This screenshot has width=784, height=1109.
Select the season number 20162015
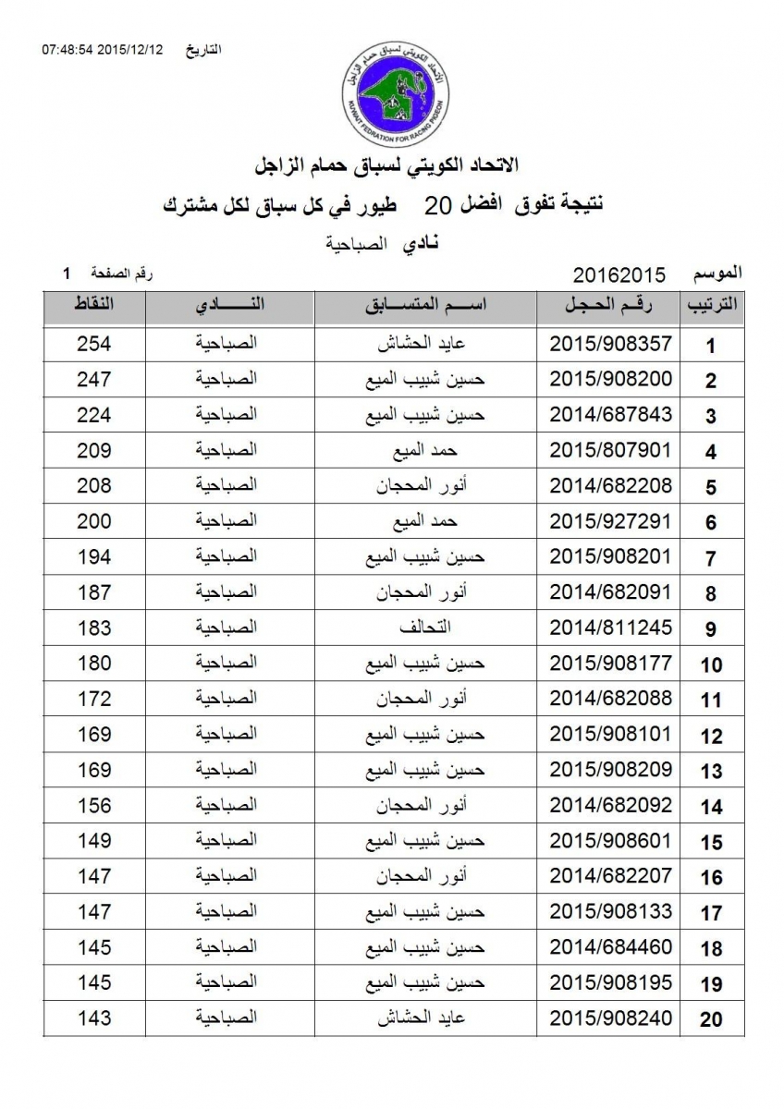pyautogui.click(x=619, y=275)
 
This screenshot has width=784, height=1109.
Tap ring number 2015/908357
pyautogui.click(x=610, y=345)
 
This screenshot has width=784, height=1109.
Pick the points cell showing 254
pyautogui.click(x=93, y=345)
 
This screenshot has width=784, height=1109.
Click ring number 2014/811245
pyautogui.click(x=610, y=628)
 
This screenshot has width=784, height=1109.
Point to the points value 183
pyautogui.click(x=93, y=628)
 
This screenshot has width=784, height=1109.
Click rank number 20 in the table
pyautogui.click(x=710, y=1020)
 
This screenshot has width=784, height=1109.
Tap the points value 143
pyautogui.click(x=93, y=1018)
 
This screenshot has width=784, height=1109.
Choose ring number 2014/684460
pyautogui.click(x=610, y=948)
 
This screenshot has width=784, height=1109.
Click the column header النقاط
pyautogui.click(x=93, y=306)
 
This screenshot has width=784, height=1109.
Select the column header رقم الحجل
pyautogui.click(x=609, y=307)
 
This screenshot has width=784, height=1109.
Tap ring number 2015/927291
pyautogui.click(x=610, y=521)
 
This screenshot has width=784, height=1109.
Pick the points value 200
pyautogui.click(x=93, y=521)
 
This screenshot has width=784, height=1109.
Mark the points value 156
pyautogui.click(x=93, y=806)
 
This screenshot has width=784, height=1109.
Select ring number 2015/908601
pyautogui.click(x=610, y=841)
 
